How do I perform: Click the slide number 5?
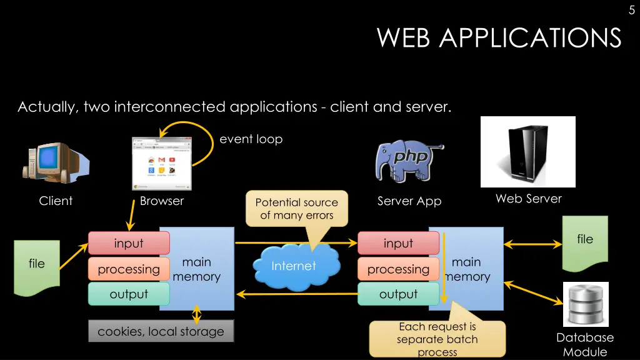[631, 10]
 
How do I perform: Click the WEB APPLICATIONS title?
[499, 38]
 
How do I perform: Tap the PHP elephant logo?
[407, 160]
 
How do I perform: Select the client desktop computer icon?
[54, 162]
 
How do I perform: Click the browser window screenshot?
[162, 163]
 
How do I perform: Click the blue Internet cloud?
[294, 267]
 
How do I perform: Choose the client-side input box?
[129, 243]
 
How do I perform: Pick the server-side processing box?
[398, 269]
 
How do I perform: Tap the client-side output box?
[129, 294]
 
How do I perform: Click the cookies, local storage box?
[161, 331]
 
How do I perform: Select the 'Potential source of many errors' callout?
[297, 209]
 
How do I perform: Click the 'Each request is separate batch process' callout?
[437, 339]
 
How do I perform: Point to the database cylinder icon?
[586, 304]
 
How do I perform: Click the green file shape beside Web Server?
[585, 243]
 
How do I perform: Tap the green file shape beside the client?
[37, 267]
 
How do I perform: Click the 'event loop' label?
[251, 139]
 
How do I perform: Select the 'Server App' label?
[409, 201]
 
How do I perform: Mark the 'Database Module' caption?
[585, 344]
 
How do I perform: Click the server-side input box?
[398, 243]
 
